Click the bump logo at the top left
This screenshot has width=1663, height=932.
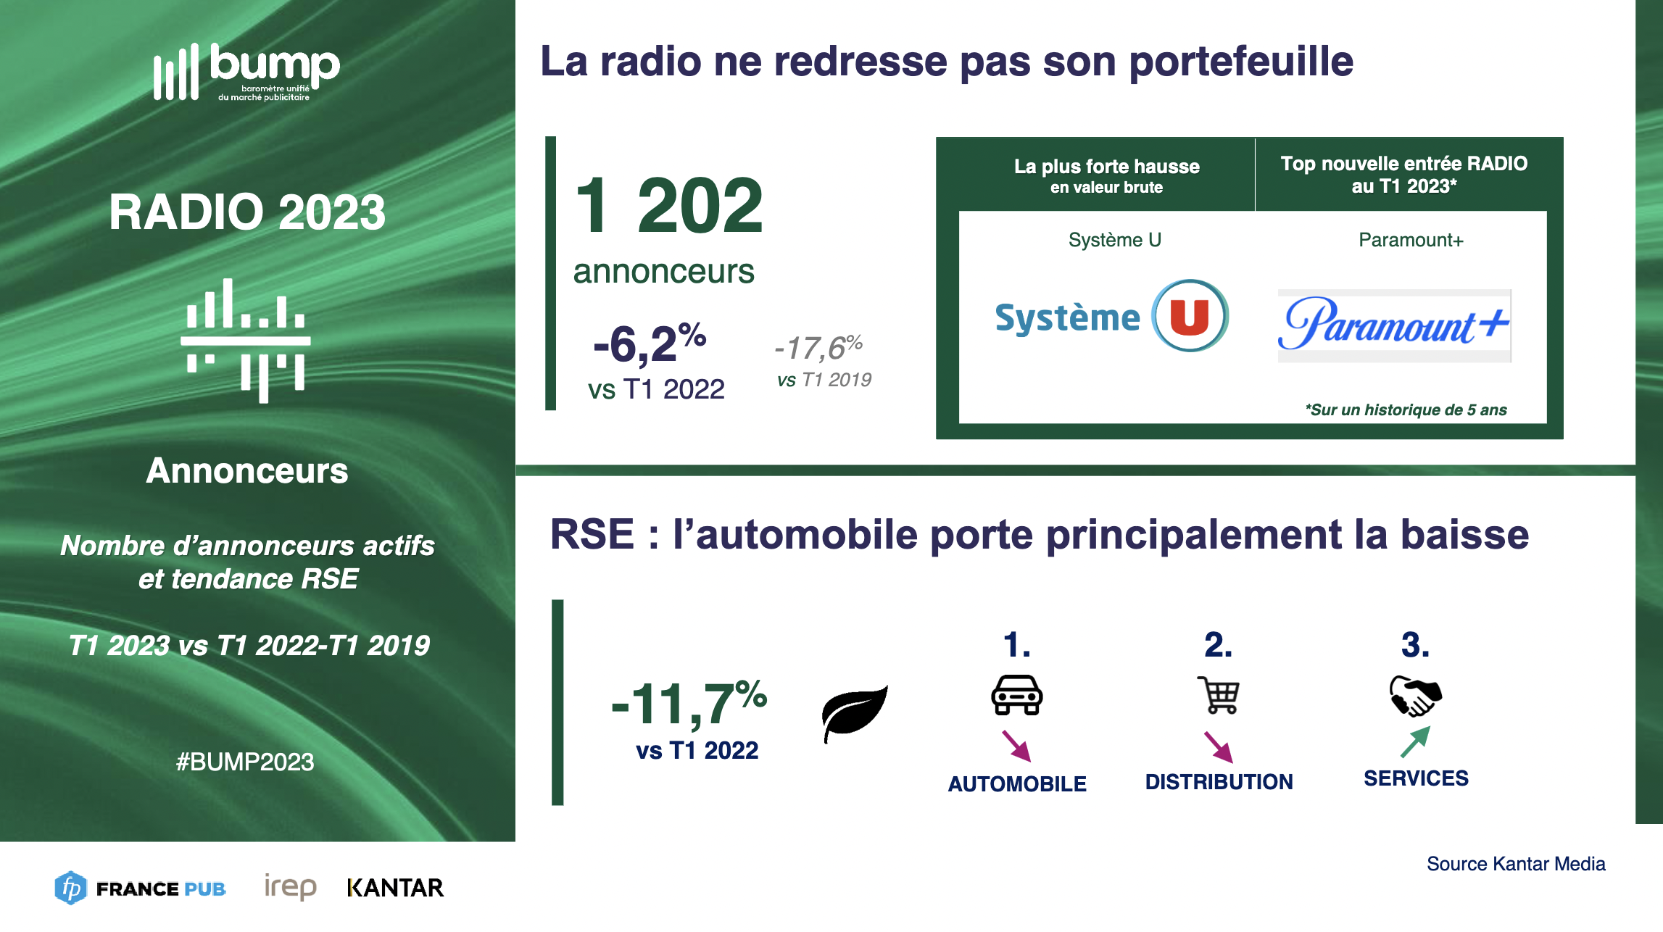[x=246, y=72]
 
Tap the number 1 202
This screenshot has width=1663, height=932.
[x=669, y=206]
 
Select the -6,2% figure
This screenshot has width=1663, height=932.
[x=650, y=342]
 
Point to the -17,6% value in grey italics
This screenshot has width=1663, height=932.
[x=818, y=347]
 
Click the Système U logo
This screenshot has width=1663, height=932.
[x=1111, y=316]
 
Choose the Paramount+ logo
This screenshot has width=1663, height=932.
[x=1394, y=325]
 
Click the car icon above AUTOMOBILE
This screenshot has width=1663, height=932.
[x=1017, y=695]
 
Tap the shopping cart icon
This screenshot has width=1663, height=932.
[x=1219, y=695]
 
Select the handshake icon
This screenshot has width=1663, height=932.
[x=1416, y=696]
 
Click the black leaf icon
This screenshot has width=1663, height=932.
[x=855, y=713]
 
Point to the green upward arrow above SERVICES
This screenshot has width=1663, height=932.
[x=1416, y=741]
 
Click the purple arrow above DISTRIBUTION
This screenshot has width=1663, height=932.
[x=1219, y=746]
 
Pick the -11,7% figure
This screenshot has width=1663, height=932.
[x=689, y=702]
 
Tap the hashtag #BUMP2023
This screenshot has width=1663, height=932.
[x=245, y=762]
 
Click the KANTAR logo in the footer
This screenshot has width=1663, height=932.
[x=395, y=888]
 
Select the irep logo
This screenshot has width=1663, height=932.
[x=290, y=886]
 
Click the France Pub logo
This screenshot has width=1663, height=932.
[x=140, y=888]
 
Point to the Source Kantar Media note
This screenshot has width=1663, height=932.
[x=1516, y=864]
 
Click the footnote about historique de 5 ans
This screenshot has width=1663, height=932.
[x=1406, y=409]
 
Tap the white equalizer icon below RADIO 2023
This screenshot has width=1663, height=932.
[x=246, y=340]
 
